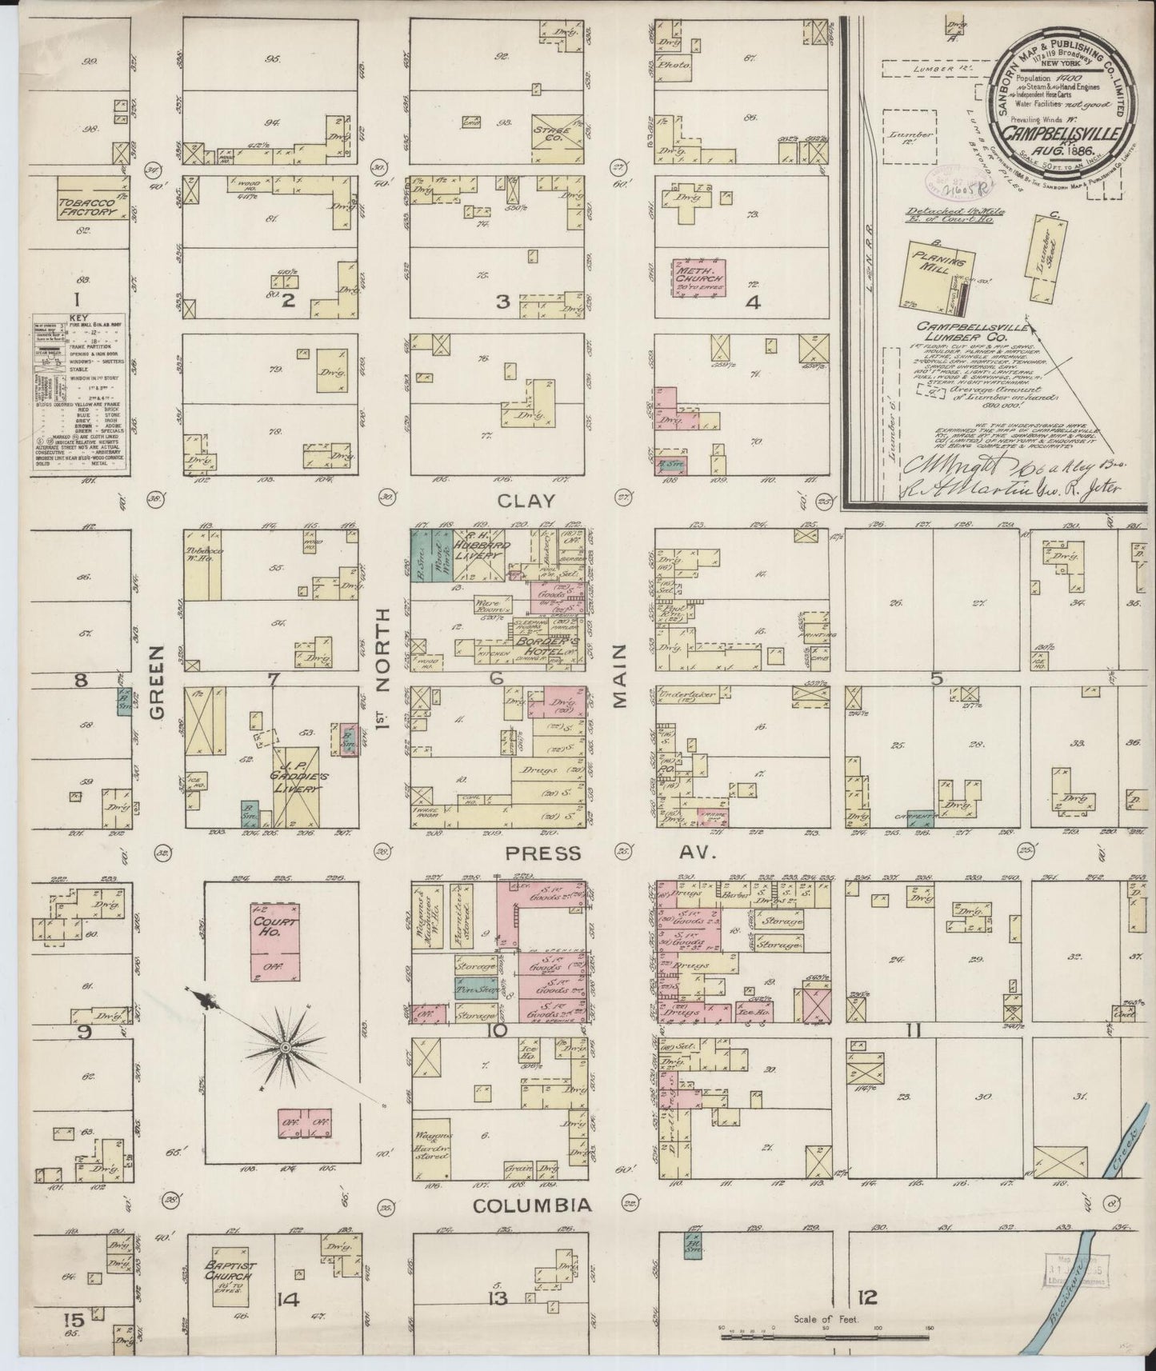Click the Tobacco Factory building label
click(x=86, y=207)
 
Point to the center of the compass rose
click(x=284, y=1046)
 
